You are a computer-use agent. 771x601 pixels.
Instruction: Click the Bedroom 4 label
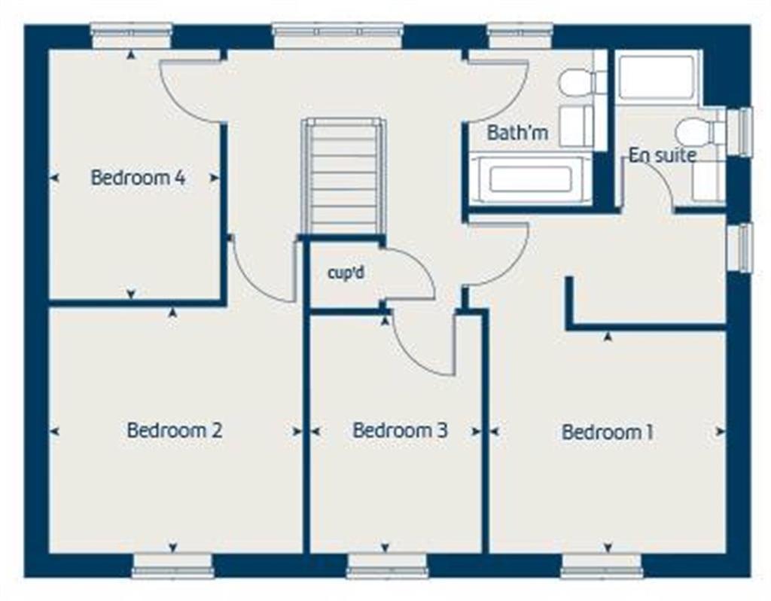pos(138,178)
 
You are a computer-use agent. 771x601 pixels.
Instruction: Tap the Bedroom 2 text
pos(174,431)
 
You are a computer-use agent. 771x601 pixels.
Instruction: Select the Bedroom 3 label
pos(400,431)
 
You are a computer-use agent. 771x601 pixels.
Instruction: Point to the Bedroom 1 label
pos(607,432)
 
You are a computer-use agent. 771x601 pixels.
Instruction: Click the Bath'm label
pos(517,133)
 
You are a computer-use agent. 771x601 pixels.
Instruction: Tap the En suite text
pos(663,156)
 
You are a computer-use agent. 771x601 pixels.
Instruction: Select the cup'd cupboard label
pos(346,273)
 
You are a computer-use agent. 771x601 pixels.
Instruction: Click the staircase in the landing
pos(343,176)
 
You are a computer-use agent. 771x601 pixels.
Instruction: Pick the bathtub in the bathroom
pos(530,179)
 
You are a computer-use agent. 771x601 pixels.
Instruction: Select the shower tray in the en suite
pos(656,77)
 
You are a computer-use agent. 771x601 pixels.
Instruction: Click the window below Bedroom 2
pos(172,566)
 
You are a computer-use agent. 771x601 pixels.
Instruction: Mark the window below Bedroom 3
pos(387,566)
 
